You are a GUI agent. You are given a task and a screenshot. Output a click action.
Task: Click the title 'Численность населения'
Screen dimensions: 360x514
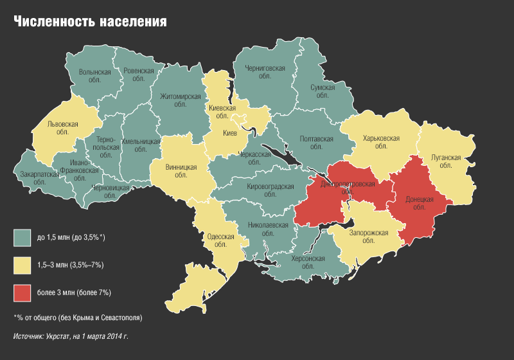pos(91,21)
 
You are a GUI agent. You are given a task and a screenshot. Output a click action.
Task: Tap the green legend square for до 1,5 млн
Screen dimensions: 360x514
pos(22,238)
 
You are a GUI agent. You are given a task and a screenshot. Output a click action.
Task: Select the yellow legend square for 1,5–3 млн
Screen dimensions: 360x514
pos(22,265)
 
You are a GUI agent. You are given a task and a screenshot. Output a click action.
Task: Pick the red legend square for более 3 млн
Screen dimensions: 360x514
pos(22,292)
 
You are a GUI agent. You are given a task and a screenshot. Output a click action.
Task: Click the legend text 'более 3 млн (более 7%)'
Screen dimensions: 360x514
pos(74,292)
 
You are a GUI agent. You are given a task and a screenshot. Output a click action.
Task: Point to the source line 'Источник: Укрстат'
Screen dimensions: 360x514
pos(71,336)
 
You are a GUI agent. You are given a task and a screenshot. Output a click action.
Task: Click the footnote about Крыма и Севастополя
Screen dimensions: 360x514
pos(78,318)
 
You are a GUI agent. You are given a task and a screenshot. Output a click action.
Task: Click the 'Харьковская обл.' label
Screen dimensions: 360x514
pos(381,142)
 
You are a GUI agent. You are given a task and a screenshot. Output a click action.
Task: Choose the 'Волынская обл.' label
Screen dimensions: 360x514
pos(94,76)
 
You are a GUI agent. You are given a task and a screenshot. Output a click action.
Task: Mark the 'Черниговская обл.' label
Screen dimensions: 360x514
pos(265,71)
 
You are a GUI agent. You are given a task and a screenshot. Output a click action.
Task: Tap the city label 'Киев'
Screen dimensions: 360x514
pos(230,133)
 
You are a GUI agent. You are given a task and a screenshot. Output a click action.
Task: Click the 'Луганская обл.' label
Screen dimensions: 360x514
pos(446,161)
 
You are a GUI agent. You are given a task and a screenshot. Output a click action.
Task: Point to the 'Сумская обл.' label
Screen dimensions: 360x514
pos(322,91)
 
